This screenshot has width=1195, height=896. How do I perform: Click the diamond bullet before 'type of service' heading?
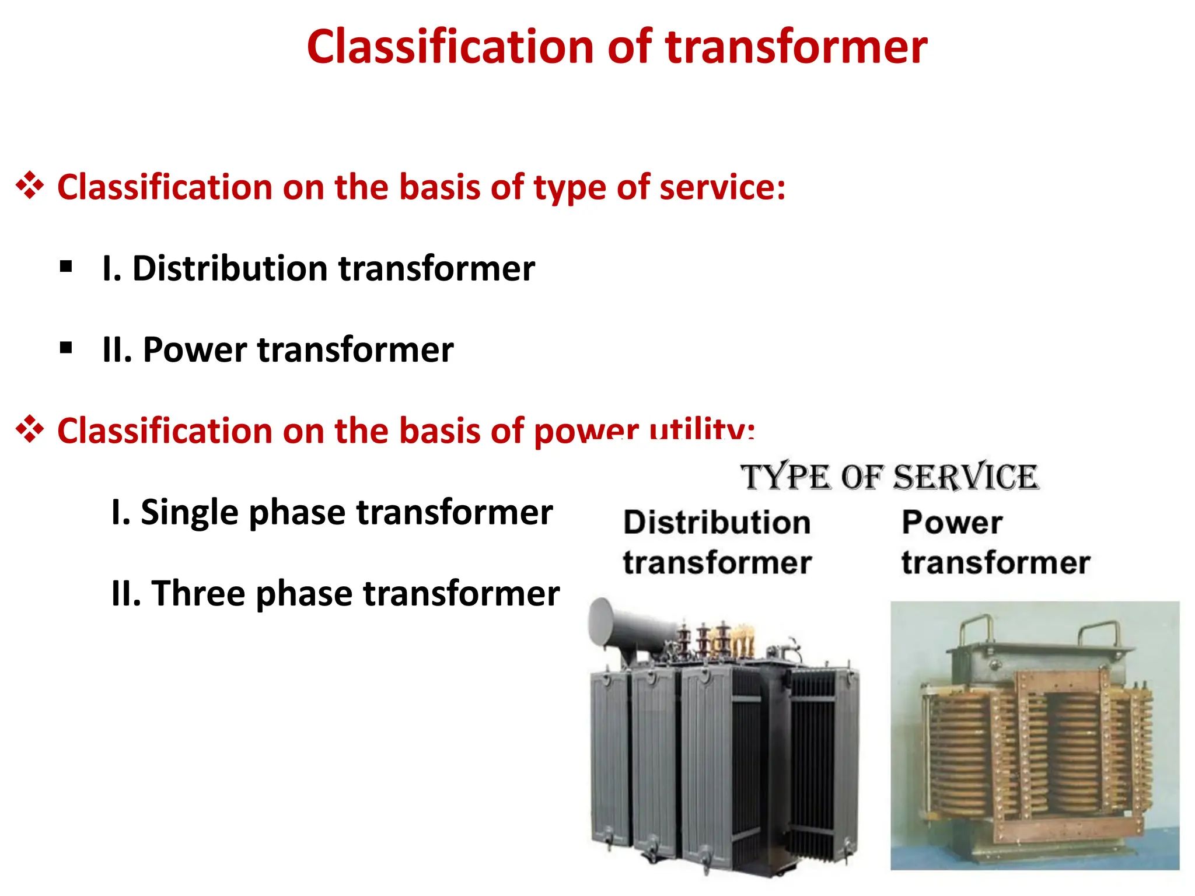[30, 187]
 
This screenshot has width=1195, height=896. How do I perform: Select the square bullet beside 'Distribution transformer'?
[66, 267]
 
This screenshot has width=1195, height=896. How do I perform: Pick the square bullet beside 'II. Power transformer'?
[66, 348]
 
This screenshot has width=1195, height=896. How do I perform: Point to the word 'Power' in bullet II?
[195, 350]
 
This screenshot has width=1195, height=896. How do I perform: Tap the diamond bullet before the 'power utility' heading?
[30, 430]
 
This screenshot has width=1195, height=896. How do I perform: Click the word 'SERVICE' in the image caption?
[966, 477]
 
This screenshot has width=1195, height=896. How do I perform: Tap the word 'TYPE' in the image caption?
[785, 477]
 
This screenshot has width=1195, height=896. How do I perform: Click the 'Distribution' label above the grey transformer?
[717, 522]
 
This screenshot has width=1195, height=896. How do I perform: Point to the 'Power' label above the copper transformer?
[952, 522]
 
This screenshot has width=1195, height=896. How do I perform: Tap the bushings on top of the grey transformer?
[718, 642]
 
